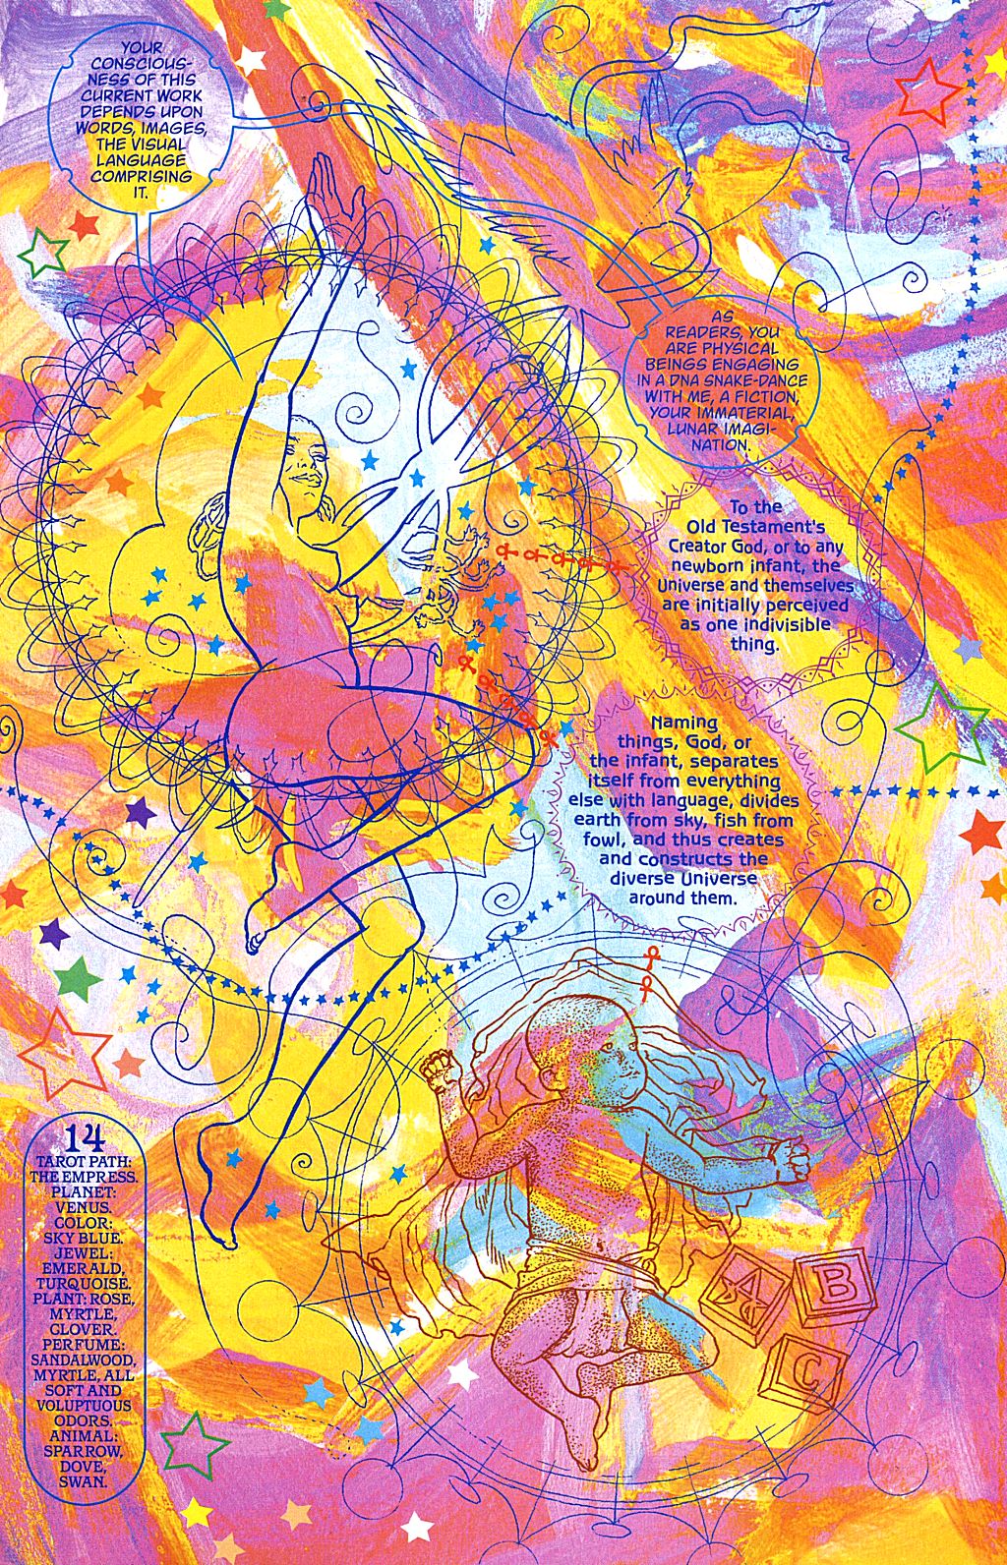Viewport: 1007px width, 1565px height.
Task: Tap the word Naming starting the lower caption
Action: [x=684, y=722]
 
